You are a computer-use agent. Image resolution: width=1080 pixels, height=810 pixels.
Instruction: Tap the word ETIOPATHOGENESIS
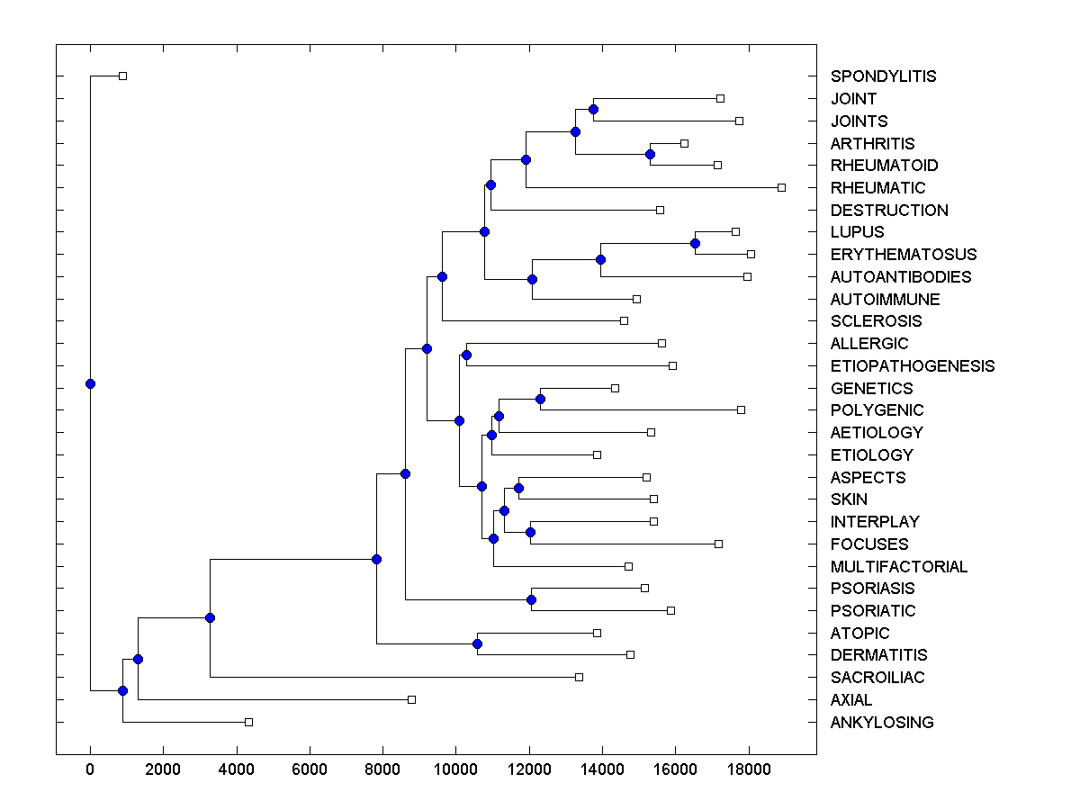click(x=913, y=366)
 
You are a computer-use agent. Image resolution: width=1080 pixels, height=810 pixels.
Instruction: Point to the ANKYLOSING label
click(x=882, y=723)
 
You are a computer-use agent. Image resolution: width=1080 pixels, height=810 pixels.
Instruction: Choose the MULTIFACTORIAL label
click(x=899, y=567)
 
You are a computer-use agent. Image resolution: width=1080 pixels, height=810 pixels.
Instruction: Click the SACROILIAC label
click(x=877, y=678)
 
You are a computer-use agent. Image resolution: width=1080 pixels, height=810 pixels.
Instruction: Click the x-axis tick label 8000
click(x=382, y=770)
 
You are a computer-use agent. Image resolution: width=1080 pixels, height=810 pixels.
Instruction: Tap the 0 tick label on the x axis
click(x=90, y=770)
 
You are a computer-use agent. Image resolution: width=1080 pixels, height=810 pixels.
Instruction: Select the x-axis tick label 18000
click(x=748, y=770)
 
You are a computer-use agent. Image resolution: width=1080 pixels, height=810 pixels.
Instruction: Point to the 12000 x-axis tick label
click(x=528, y=770)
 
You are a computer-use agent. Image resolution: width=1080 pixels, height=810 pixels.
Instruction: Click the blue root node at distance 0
click(x=90, y=383)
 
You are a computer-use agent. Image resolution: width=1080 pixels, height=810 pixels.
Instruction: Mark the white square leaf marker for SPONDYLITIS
click(x=123, y=76)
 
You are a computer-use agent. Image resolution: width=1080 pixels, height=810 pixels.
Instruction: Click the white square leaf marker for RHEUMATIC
click(x=781, y=187)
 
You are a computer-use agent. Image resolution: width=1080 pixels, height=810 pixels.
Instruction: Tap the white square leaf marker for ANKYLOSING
click(x=249, y=722)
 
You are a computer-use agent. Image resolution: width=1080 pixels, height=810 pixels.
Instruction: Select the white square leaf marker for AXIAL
click(x=411, y=699)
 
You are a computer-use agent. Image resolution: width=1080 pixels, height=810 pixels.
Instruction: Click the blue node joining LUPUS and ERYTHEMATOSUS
click(x=695, y=243)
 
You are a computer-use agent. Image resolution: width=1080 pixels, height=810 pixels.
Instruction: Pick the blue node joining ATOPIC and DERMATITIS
click(x=477, y=643)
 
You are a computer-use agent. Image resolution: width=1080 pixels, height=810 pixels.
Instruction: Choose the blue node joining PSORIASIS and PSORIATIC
click(x=531, y=599)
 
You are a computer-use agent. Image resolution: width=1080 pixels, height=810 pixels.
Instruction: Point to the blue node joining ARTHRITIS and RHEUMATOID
click(x=650, y=154)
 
